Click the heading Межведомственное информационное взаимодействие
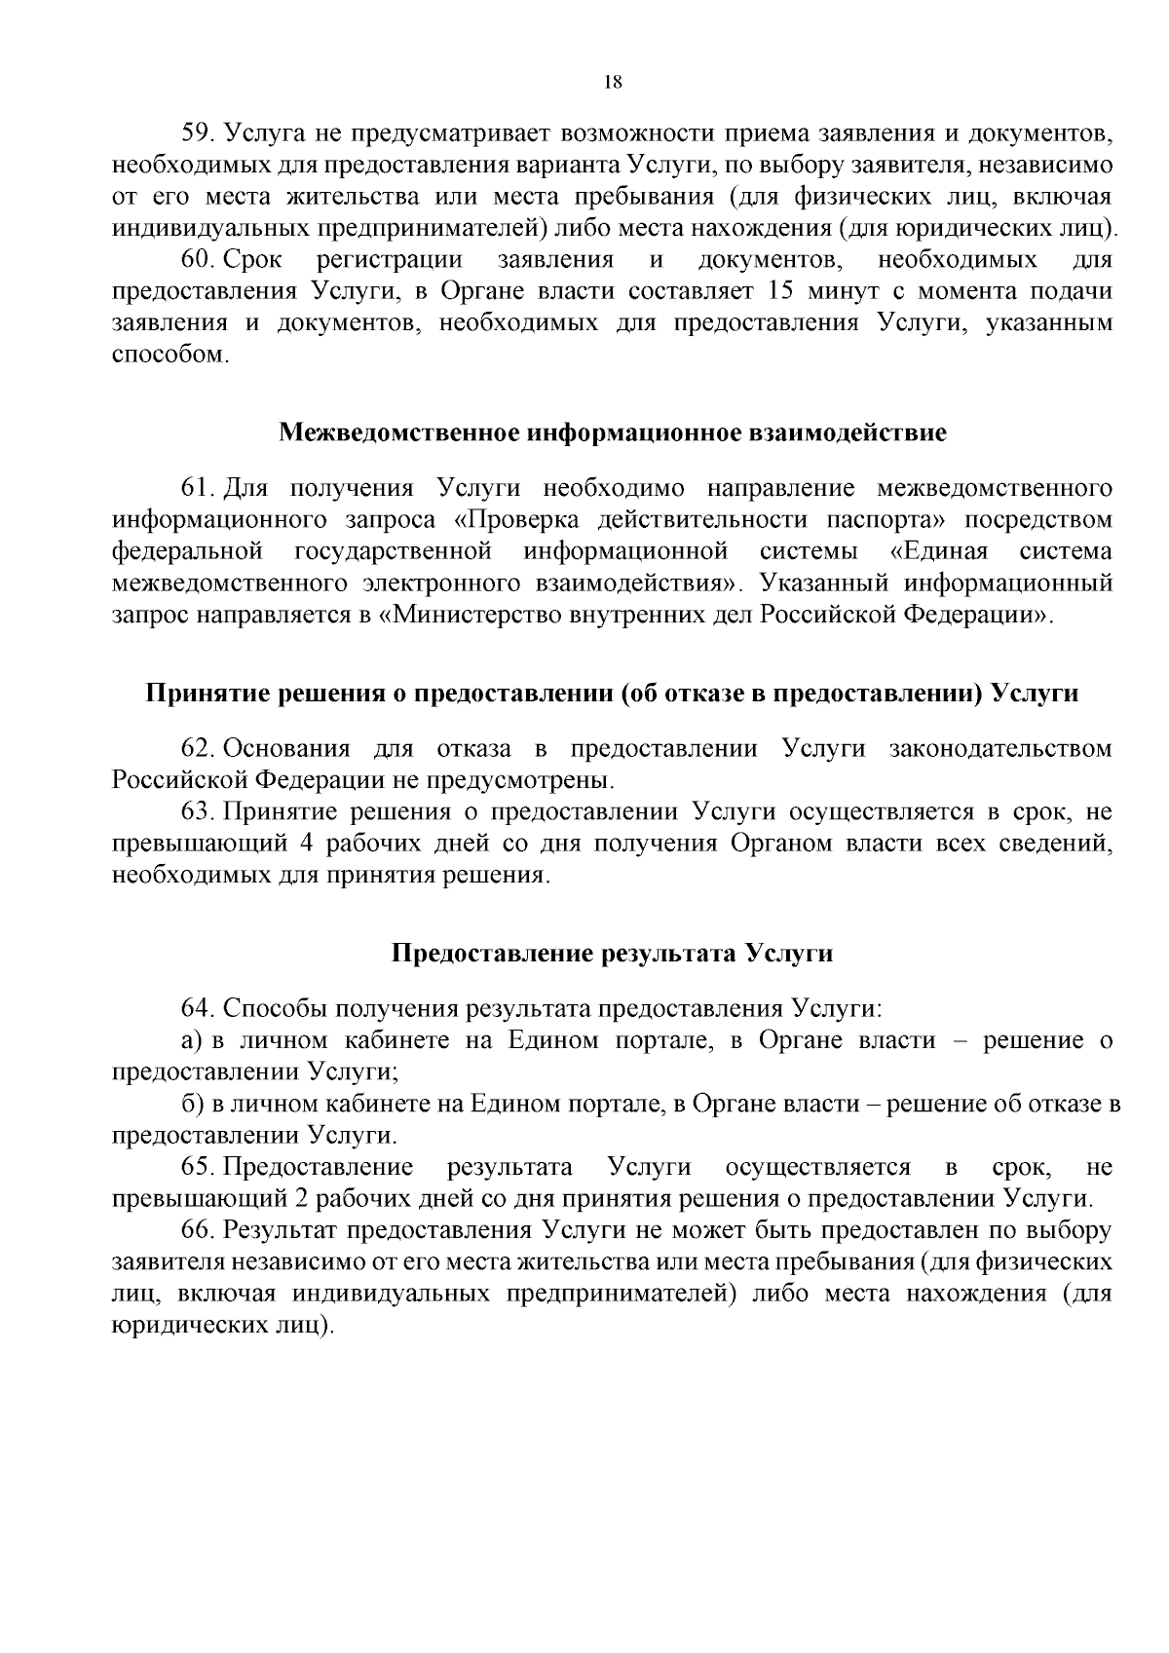tap(613, 432)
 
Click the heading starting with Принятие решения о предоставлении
tap(613, 694)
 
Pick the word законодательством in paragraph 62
tap(1000, 749)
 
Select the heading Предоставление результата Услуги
tap(613, 953)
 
